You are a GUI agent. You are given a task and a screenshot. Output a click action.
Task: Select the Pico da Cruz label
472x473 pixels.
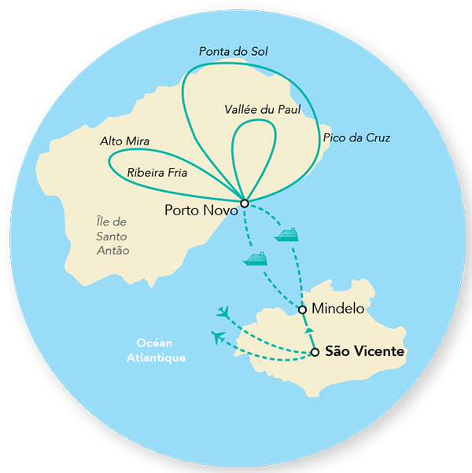coord(356,138)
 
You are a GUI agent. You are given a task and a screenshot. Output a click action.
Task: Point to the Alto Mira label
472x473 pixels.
coord(125,141)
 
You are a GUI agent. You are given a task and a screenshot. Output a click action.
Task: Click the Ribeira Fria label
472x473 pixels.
coord(157,172)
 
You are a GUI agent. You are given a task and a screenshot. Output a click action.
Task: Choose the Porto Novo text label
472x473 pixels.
coord(199,210)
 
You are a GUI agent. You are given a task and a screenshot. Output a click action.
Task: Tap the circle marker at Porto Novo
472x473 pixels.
coord(245,203)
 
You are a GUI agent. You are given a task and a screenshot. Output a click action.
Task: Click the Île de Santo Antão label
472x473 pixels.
coord(109,236)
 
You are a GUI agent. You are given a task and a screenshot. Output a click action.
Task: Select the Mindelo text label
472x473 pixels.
coord(337,309)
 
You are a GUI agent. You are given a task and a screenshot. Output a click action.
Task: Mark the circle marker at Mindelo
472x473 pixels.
coord(303,310)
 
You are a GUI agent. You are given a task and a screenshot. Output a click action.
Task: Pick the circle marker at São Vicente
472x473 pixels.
coord(315,353)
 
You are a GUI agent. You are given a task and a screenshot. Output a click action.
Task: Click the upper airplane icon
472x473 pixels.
coord(224,313)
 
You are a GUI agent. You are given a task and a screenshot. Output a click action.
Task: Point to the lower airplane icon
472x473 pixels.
coord(218,338)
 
